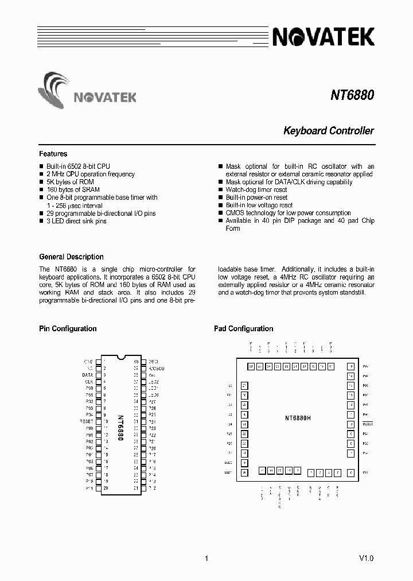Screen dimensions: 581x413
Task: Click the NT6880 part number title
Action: [x=352, y=94]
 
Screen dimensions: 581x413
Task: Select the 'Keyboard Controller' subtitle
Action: [x=329, y=131]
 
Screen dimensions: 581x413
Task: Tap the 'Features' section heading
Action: [x=53, y=154]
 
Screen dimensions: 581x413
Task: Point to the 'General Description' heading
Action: [x=71, y=257]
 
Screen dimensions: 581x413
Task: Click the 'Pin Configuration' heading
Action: [x=68, y=329]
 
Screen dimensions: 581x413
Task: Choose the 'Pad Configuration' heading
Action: [x=243, y=329]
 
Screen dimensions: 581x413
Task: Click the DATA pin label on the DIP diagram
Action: [x=88, y=374]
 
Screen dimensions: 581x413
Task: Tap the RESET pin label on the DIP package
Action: [x=86, y=421]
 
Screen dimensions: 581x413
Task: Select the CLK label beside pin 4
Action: [x=89, y=381]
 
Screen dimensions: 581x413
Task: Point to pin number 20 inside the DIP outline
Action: [x=106, y=487]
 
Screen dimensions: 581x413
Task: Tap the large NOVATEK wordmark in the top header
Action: [x=323, y=37]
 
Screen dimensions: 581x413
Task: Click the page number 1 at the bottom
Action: [x=206, y=558]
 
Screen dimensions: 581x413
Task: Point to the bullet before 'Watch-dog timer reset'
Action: [x=221, y=189]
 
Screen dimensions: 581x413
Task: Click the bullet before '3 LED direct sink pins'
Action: [x=41, y=221]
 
